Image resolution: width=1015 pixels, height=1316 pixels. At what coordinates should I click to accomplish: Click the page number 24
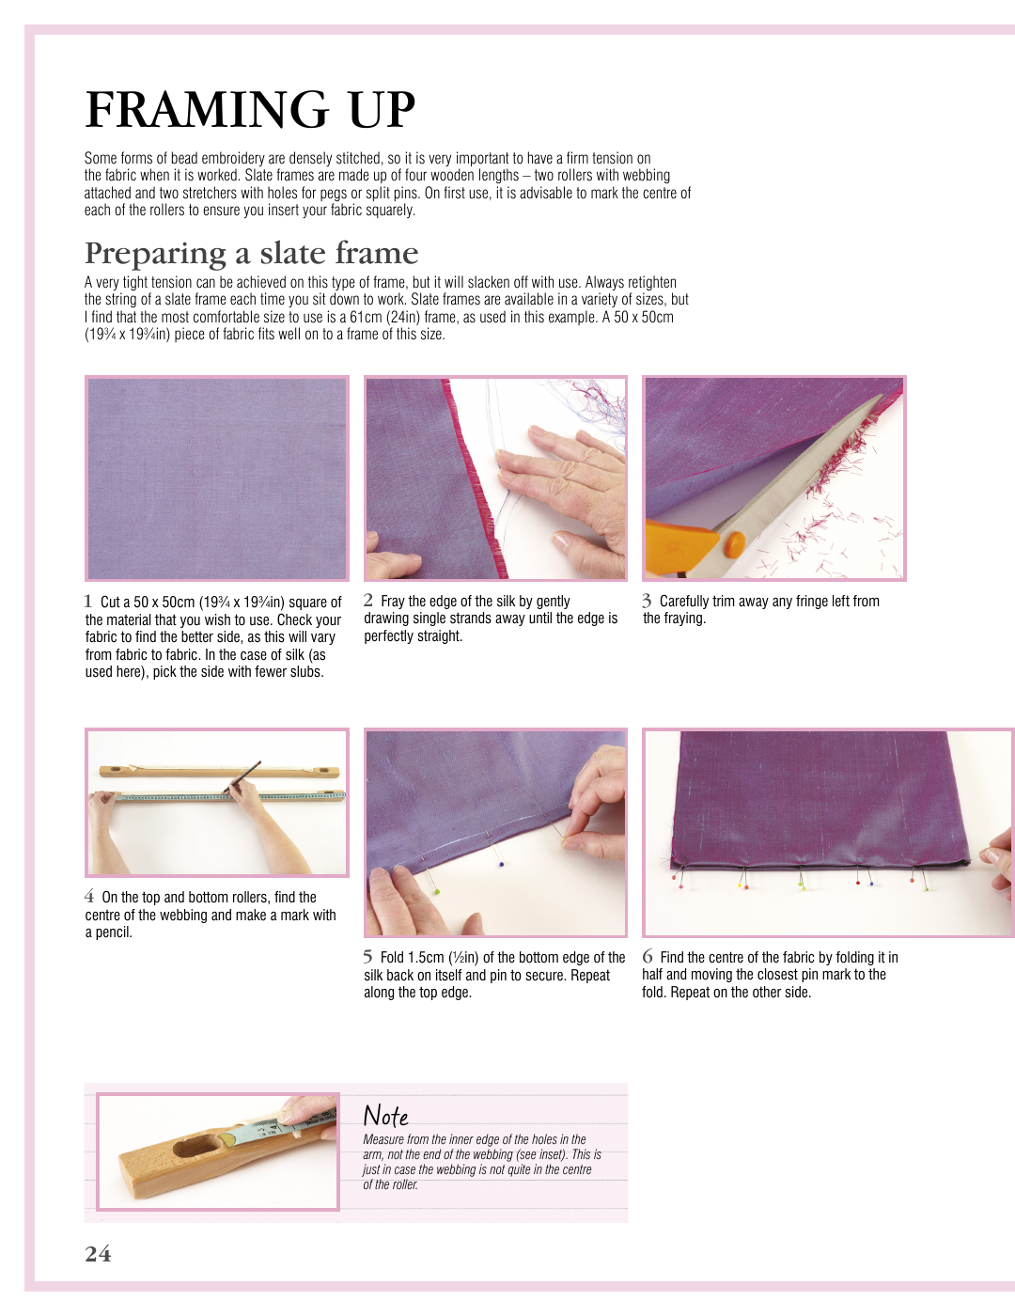98,1253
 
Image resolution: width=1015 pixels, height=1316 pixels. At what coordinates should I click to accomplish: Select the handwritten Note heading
385,1114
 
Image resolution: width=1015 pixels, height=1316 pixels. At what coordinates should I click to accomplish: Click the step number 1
87,601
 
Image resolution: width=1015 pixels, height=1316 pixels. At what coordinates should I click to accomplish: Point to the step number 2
368,600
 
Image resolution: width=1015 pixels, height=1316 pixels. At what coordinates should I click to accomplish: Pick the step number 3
647,601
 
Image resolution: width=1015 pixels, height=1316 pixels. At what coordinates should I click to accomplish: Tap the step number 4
89,896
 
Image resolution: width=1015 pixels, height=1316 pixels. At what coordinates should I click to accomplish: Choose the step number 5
367,957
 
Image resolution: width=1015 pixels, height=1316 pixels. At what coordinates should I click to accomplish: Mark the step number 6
647,956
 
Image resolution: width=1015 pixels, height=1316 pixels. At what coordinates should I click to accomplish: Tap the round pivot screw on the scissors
735,543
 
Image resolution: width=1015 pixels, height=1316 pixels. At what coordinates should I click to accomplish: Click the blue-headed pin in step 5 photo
501,864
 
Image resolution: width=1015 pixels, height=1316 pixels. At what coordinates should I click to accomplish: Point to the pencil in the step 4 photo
242,777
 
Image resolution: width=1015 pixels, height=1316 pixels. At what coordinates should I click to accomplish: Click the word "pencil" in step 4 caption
114,932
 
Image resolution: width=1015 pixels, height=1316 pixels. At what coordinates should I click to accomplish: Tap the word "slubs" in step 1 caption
306,671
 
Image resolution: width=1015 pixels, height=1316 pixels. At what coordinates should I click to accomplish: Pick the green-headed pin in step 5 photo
436,892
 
